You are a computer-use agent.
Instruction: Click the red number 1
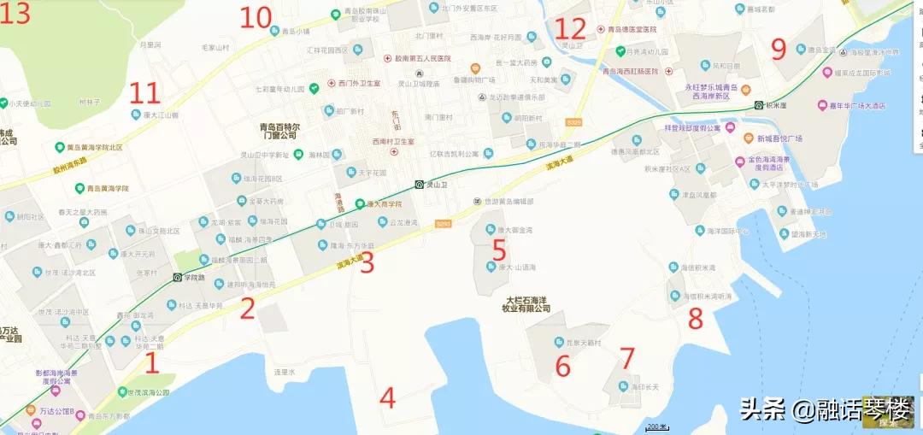coord(151,363)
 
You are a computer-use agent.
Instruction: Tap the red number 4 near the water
coord(388,397)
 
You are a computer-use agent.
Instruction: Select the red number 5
coord(499,250)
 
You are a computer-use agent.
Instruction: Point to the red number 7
coord(627,358)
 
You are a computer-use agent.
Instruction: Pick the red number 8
coord(696,319)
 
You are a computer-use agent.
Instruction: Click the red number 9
coord(778,49)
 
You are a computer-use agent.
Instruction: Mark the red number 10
coord(256,17)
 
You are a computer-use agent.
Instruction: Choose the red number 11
coord(144,93)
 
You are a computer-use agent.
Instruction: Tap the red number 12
coord(571,29)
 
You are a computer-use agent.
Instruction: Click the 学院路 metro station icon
coord(177,277)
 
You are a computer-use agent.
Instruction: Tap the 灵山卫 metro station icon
coord(419,184)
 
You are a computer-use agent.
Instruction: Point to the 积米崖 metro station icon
coord(758,106)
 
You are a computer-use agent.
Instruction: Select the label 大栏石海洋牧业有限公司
coord(527,304)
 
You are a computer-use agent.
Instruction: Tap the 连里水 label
coord(284,372)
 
